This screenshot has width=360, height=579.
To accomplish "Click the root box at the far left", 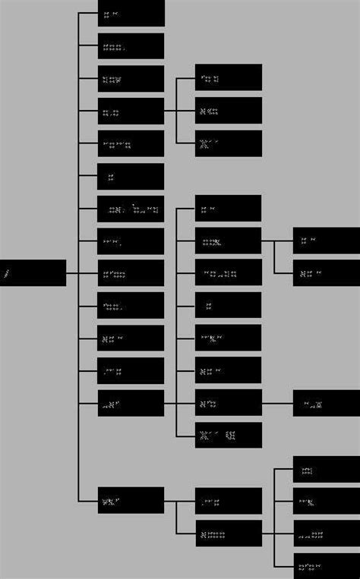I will [x=33, y=273].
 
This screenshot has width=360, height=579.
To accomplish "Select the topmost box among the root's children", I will [x=131, y=13].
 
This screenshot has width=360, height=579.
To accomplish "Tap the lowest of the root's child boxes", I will [x=131, y=500].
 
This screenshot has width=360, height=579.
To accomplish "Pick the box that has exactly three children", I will [x=131, y=111].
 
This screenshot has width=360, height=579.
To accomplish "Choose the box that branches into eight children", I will [x=131, y=403].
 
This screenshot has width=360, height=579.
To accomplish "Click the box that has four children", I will [x=228, y=533].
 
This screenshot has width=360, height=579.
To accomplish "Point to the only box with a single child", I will [x=228, y=403].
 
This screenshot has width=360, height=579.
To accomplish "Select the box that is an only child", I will [x=326, y=403].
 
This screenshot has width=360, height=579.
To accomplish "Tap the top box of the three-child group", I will [x=228, y=77].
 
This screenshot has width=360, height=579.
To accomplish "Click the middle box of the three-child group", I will [x=228, y=111].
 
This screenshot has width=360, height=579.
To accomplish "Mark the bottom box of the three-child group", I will [x=228, y=143].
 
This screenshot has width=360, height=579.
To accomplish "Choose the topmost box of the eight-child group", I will [x=228, y=208].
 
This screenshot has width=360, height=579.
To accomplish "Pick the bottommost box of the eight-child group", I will [x=228, y=435].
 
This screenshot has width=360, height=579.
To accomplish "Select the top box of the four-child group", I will [x=326, y=469].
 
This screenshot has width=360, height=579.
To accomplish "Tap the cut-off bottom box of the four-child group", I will [x=326, y=566].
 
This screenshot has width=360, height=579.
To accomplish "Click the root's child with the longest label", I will [x=131, y=209].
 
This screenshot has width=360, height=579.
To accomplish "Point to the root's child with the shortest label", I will [x=131, y=177].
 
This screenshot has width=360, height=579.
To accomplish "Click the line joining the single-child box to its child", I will [x=277, y=403].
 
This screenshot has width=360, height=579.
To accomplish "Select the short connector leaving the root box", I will [x=72, y=273].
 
